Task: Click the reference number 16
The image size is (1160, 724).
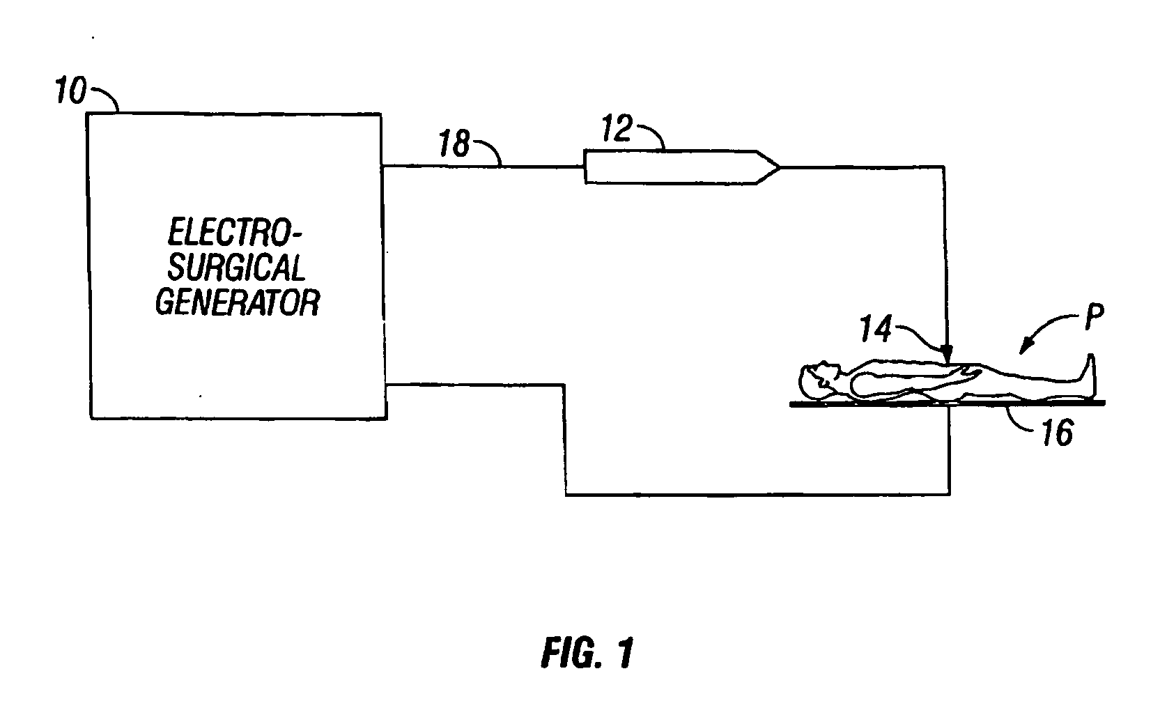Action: pyautogui.click(x=1057, y=433)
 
